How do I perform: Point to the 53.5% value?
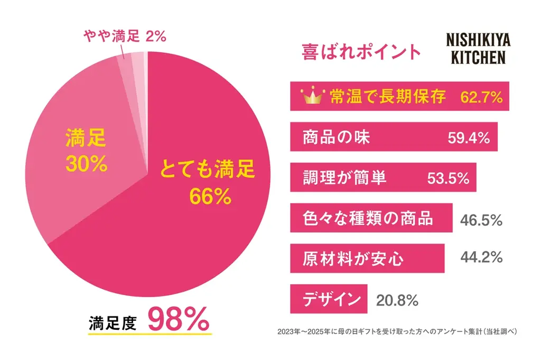pos(448,178)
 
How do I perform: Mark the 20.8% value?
pos(397,300)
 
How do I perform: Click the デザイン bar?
pos(328,299)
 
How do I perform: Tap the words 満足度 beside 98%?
pos(113,322)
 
